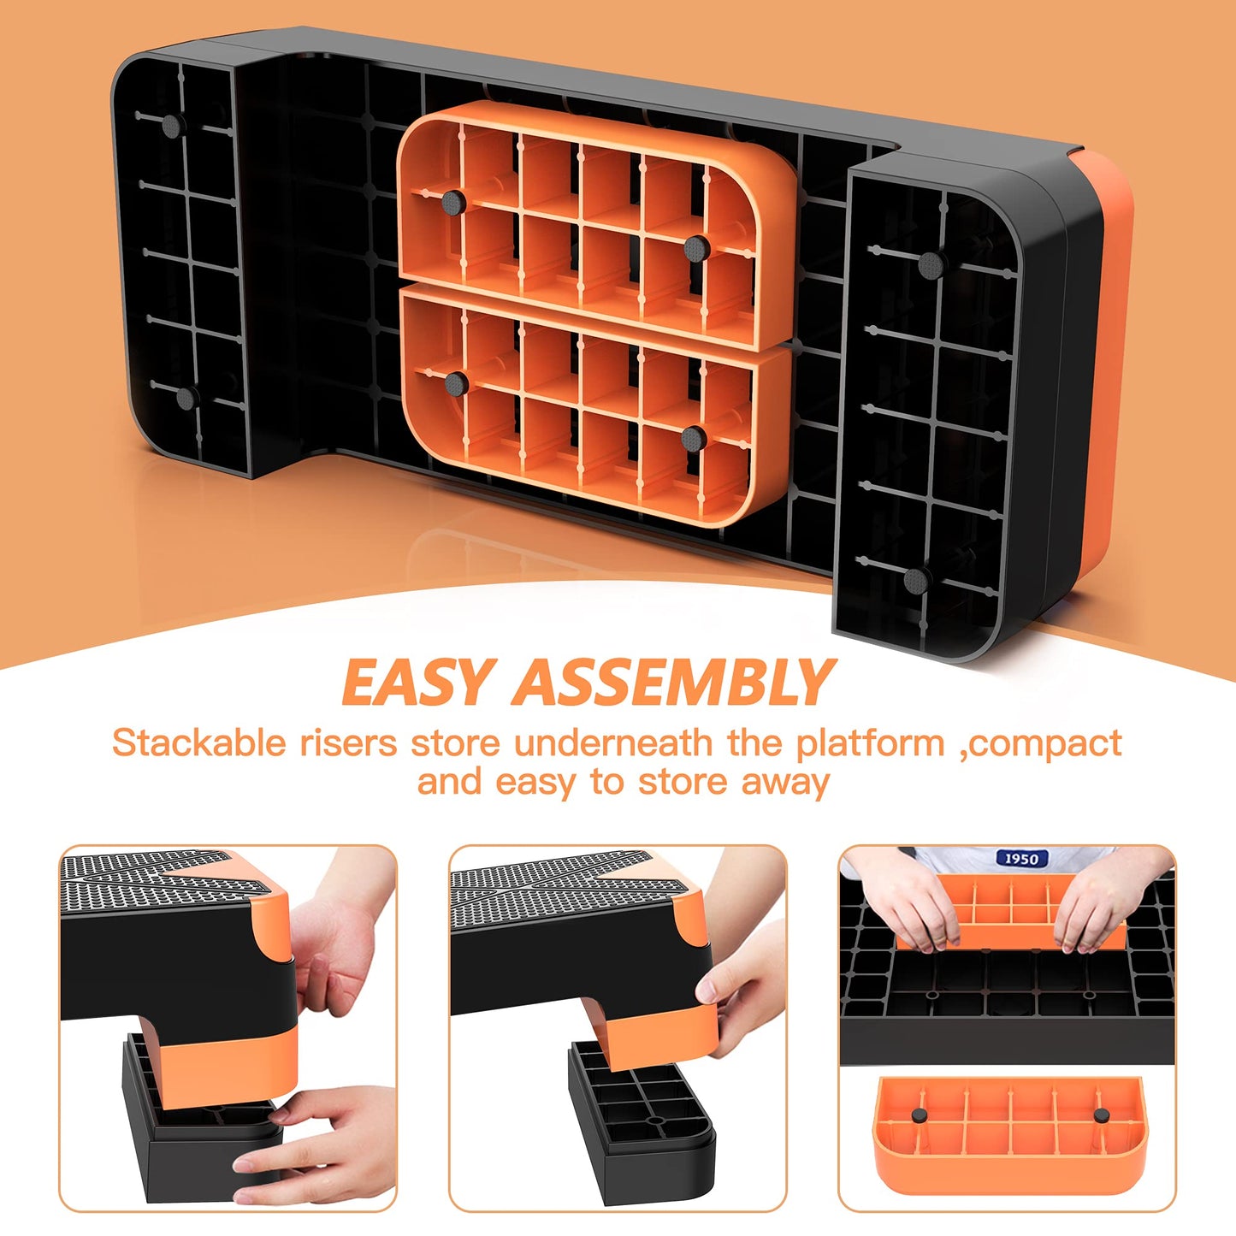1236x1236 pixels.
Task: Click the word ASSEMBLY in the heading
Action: point(673,682)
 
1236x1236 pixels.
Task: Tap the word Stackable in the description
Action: point(198,743)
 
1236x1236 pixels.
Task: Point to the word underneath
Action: point(613,743)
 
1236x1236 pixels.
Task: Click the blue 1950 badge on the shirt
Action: point(1022,858)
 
